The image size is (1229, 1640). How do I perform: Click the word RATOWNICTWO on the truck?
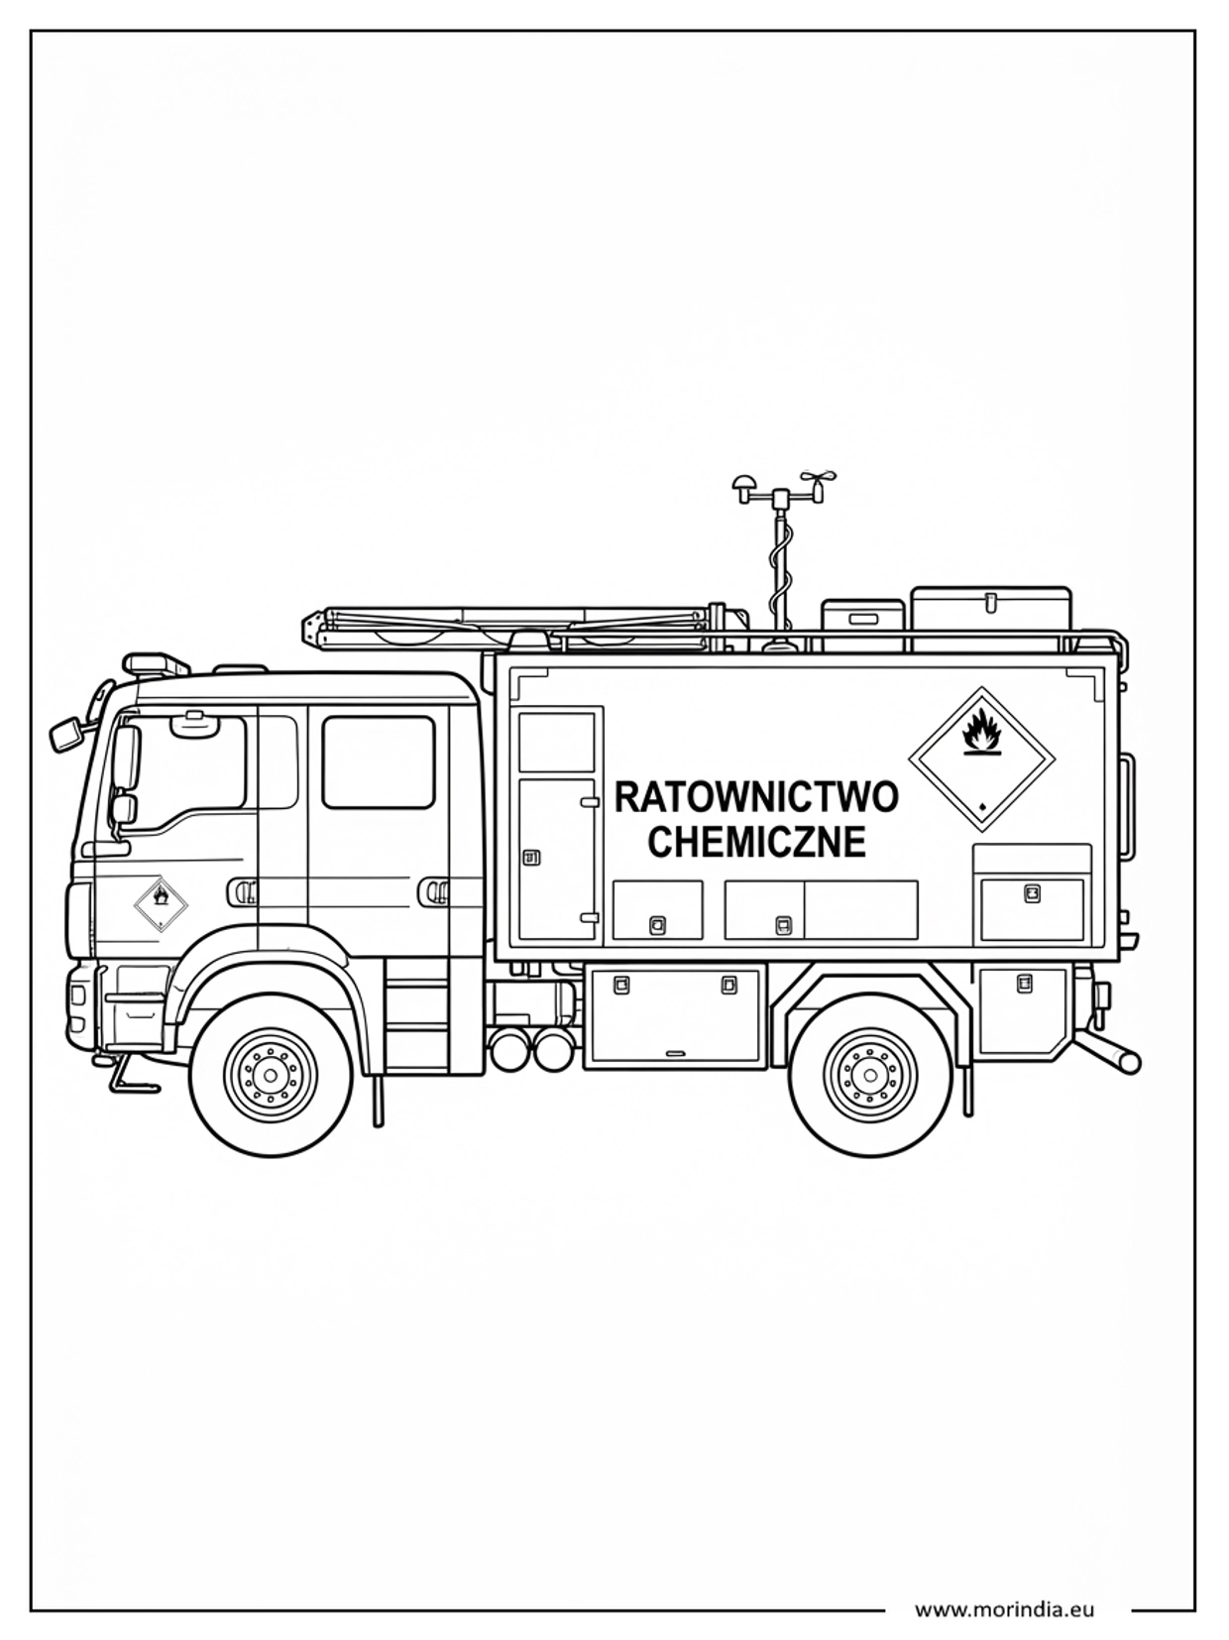(756, 798)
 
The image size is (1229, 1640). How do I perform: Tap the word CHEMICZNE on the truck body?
(756, 842)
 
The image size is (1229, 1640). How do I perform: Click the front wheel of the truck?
(271, 1075)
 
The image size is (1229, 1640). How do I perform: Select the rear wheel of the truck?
(870, 1075)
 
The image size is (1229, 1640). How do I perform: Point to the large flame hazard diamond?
(982, 760)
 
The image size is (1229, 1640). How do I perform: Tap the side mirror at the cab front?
(66, 734)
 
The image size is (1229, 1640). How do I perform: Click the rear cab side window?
(379, 762)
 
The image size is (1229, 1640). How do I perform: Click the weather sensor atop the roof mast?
(783, 489)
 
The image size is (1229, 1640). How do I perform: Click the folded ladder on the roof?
(515, 627)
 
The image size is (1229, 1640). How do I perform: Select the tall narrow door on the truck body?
(559, 860)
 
